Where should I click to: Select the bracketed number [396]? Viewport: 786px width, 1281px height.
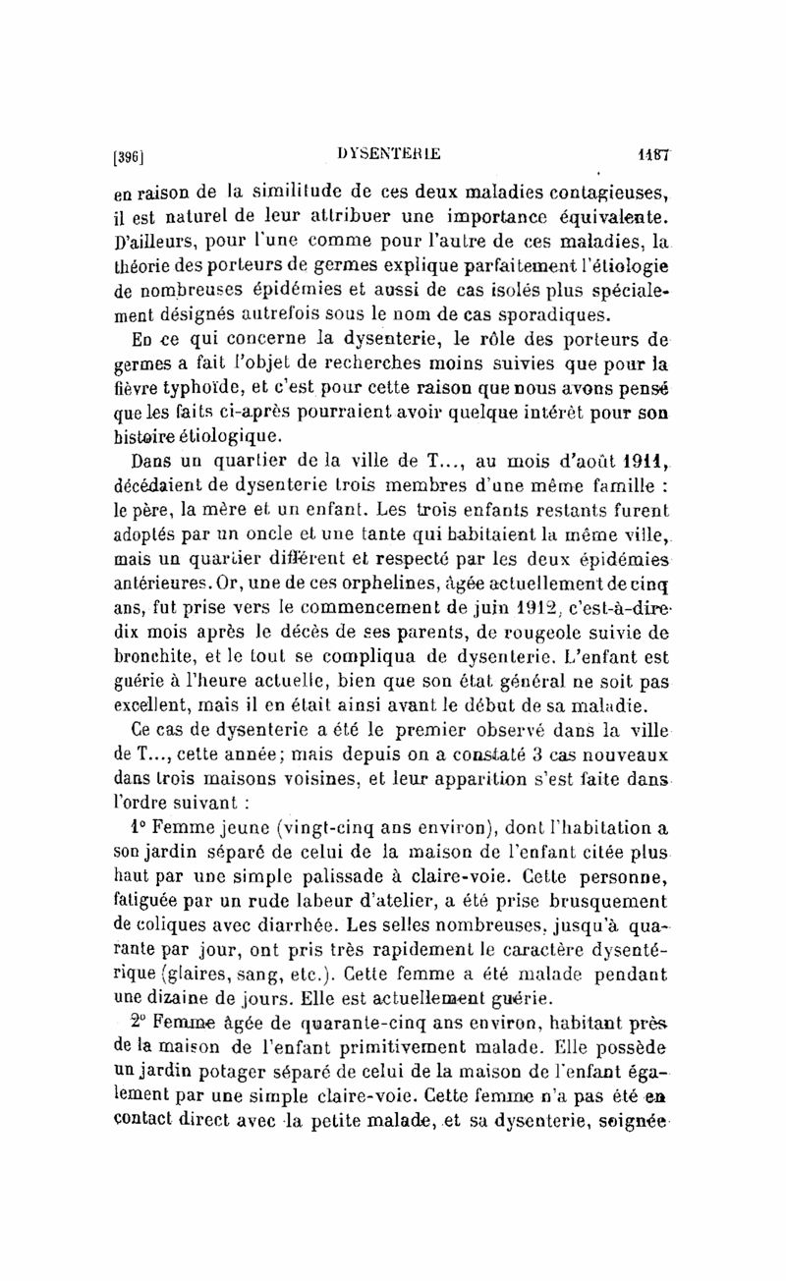(x=130, y=154)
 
